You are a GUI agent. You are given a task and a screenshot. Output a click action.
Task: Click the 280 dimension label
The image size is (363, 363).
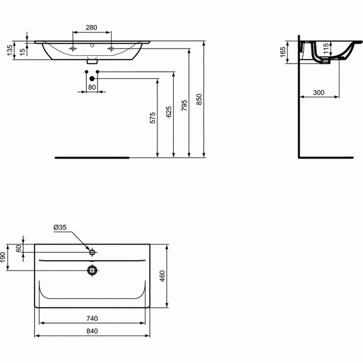point(91,28)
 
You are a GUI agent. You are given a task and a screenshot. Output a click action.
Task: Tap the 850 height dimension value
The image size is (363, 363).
point(199,99)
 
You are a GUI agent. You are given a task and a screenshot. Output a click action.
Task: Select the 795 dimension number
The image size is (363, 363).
point(184,105)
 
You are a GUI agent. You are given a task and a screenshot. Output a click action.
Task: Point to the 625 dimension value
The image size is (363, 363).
point(169,112)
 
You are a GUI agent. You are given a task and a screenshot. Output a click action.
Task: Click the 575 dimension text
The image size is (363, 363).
point(153,118)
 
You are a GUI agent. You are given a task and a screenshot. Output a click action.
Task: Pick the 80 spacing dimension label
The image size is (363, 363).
point(92,87)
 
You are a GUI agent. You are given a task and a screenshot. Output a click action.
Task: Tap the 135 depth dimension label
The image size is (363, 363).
point(10,50)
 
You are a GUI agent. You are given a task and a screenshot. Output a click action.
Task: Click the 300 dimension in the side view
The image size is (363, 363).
point(319,93)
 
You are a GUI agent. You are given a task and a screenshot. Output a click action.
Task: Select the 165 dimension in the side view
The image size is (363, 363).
point(283,52)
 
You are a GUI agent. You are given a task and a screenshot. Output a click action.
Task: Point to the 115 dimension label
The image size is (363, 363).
point(326,49)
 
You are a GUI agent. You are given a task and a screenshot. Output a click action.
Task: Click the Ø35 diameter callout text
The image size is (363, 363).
point(60,227)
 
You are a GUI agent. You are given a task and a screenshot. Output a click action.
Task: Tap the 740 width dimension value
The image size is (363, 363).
point(92,319)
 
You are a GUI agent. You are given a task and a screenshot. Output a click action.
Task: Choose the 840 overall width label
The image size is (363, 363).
point(92,331)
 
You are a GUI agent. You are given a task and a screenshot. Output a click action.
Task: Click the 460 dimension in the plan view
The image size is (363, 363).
point(162,276)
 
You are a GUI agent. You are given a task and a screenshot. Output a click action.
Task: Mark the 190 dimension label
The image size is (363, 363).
point(3,257)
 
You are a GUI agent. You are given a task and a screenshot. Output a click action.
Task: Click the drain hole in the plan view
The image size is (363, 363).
point(92,270)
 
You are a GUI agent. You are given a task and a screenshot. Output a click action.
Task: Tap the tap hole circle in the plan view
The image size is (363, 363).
point(92,252)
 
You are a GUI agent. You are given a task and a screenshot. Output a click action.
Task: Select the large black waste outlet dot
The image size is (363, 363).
point(92,78)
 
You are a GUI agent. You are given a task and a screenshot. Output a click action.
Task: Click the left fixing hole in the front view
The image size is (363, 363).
point(73,49)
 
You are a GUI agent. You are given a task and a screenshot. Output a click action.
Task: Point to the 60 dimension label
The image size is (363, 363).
point(19,248)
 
